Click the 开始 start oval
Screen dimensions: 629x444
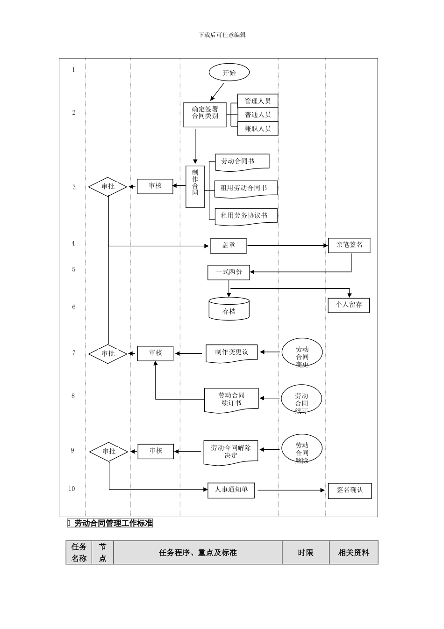pyautogui.click(x=229, y=73)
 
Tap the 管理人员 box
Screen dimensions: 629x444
pyautogui.click(x=258, y=101)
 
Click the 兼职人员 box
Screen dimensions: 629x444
pyautogui.click(x=258, y=129)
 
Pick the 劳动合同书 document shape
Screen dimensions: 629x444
pyautogui.click(x=242, y=161)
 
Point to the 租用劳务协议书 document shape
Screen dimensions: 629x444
pyautogui.click(x=245, y=216)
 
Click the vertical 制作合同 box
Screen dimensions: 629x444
pyautogui.click(x=195, y=187)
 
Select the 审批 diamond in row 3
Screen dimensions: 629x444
pyautogui.click(x=108, y=187)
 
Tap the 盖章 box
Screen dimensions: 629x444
pyautogui.click(x=228, y=246)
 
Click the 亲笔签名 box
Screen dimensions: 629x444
pyautogui.click(x=349, y=245)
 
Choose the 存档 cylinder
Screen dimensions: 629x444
pyautogui.click(x=229, y=309)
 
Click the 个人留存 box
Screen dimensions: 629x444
pyautogui.click(x=349, y=305)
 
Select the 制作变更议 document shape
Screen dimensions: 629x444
pyautogui.click(x=231, y=353)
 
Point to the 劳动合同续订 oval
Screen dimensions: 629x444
pyautogui.click(x=301, y=399)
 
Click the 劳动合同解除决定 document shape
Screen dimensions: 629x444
pyautogui.click(x=231, y=452)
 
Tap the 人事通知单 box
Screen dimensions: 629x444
pyautogui.click(x=231, y=490)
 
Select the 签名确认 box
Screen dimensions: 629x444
pyautogui.click(x=350, y=490)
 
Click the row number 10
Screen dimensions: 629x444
pyautogui.click(x=72, y=489)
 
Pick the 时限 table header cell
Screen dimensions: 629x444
pyautogui.click(x=306, y=553)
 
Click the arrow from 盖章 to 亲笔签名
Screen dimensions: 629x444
pyautogui.click(x=287, y=246)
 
